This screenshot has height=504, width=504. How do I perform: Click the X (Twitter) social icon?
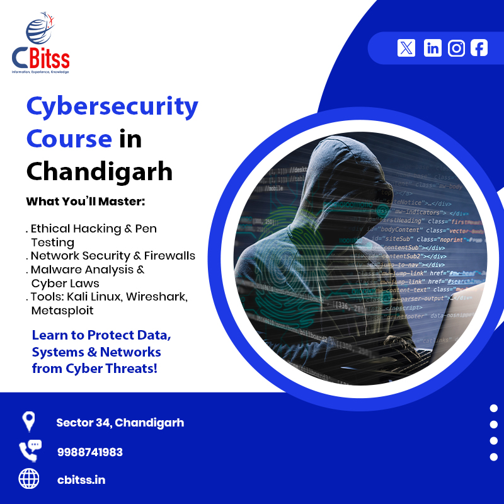tap(406, 48)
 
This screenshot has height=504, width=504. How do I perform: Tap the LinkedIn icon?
tap(433, 48)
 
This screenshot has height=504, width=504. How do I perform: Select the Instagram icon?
tap(456, 48)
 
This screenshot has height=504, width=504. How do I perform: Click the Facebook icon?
tap(479, 48)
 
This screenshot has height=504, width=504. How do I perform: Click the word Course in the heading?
tap(69, 139)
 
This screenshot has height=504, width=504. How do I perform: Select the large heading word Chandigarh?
tap(100, 171)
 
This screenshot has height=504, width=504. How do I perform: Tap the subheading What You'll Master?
tap(86, 202)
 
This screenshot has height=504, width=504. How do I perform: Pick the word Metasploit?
tap(62, 311)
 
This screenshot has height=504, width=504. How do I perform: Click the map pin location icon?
tap(28, 421)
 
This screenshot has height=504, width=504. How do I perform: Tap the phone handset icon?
tap(28, 452)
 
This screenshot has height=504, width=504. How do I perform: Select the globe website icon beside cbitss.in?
tap(29, 479)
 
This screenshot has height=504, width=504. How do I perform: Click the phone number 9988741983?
tap(89, 452)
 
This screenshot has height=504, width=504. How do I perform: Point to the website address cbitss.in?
tap(81, 480)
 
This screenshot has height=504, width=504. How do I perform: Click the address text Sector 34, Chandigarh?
tap(120, 423)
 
